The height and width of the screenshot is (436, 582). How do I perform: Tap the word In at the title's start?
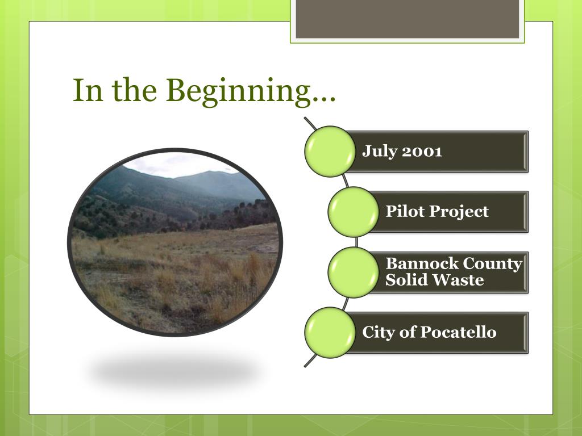(88, 90)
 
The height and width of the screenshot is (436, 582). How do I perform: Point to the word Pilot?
(405, 211)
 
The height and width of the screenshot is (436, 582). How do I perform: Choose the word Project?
(459, 212)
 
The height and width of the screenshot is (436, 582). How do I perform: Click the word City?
(378, 333)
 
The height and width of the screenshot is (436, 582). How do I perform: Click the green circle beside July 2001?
(330, 151)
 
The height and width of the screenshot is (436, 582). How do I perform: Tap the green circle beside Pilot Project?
(354, 212)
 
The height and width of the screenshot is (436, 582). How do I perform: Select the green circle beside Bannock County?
(354, 272)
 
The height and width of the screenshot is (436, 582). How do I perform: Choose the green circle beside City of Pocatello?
(330, 333)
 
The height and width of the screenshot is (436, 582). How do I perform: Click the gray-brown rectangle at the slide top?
(407, 19)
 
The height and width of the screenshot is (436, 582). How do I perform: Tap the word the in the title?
(134, 90)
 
